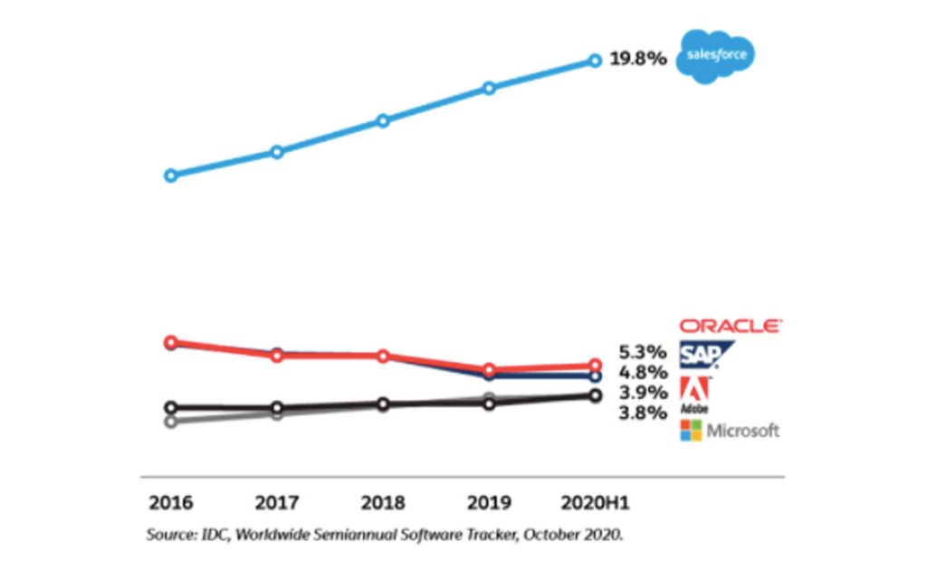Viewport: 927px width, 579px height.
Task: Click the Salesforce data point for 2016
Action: point(170,175)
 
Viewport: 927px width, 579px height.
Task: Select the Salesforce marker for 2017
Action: point(277,152)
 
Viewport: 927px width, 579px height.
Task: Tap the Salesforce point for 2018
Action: point(383,120)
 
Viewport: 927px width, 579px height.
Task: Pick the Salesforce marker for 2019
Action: point(489,88)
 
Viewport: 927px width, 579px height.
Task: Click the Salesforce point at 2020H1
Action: point(595,61)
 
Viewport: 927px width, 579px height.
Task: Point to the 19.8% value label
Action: point(638,61)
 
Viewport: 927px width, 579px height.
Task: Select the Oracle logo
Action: point(731,326)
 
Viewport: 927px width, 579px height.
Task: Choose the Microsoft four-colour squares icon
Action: point(692,431)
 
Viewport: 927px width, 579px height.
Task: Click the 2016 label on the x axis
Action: point(170,502)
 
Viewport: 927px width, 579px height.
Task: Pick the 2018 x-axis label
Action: point(383,502)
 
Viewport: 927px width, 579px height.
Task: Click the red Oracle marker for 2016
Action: point(170,342)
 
